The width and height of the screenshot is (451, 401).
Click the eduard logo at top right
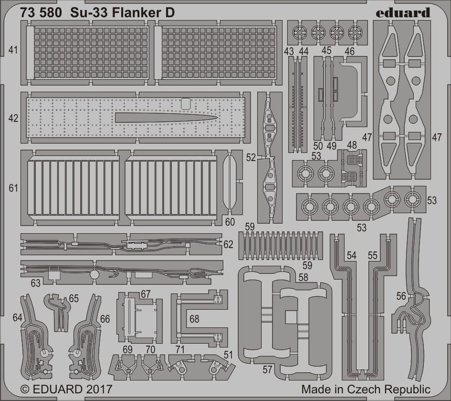point(403,13)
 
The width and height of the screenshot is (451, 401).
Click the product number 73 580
point(41,13)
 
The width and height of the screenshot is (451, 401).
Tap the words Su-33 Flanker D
point(122,13)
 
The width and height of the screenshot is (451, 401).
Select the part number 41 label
point(13,50)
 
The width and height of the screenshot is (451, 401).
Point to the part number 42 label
point(13,118)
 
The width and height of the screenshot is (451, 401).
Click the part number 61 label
point(13,188)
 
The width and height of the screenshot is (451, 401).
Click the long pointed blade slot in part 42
point(166,117)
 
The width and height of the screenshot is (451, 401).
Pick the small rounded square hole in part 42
point(186,104)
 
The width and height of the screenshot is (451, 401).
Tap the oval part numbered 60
point(230,182)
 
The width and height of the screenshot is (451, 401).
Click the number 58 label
point(303,277)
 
